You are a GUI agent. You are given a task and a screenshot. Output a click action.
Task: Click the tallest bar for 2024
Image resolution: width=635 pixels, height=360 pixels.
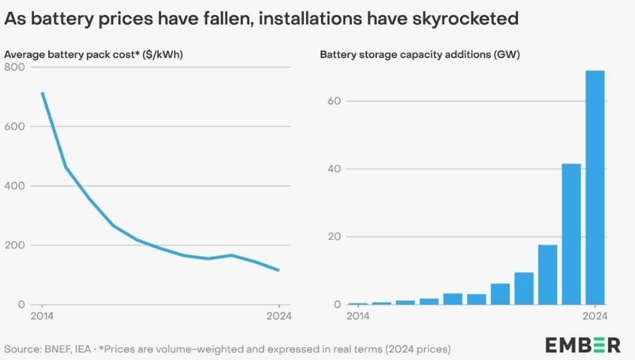(595, 187)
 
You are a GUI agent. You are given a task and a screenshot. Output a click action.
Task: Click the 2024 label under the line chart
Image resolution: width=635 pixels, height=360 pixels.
(279, 316)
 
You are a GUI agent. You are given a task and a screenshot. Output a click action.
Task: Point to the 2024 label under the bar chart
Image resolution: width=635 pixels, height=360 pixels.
(595, 316)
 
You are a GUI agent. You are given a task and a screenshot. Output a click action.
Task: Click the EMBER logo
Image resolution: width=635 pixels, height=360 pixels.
(583, 345)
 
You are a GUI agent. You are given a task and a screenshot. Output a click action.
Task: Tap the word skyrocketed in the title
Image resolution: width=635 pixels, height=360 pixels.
(456, 19)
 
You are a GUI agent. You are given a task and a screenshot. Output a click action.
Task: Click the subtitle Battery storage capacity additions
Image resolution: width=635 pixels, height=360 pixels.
(420, 54)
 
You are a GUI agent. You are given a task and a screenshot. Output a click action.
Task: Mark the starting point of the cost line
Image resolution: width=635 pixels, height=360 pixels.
(42, 93)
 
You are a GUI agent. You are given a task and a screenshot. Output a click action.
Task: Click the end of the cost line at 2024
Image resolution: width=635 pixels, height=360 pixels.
(279, 270)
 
